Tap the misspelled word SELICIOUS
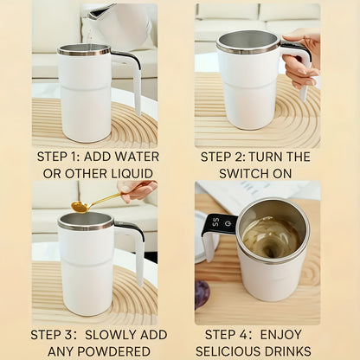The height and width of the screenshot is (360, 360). tap(231, 350)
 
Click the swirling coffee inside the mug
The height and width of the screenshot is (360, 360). tap(271, 235)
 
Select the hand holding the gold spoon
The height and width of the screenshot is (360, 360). tap(138, 189)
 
